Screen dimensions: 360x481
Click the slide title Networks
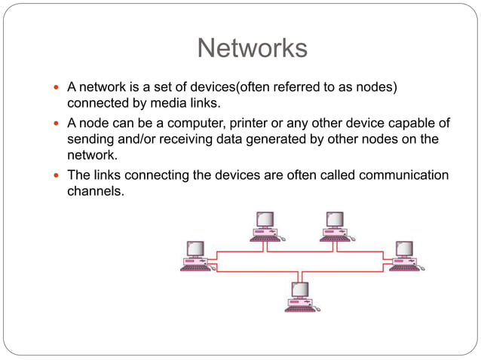(252, 48)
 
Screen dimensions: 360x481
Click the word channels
(95, 192)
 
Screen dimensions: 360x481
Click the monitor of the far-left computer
(195, 249)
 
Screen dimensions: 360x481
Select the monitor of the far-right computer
(403, 249)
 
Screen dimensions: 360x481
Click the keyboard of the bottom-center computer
(300, 307)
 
